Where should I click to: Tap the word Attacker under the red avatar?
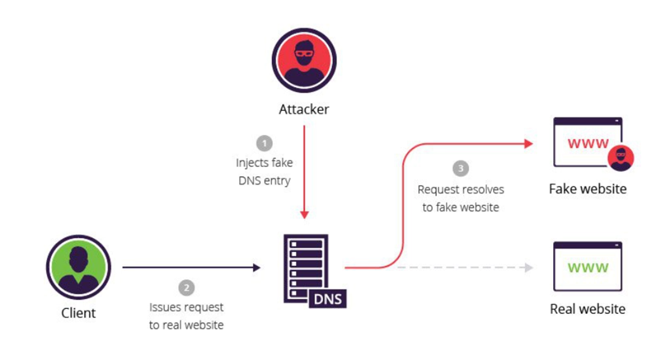tap(304, 110)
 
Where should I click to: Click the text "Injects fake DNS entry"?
tap(264, 172)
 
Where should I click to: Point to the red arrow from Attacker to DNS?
tap(304, 172)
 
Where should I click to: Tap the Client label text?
tap(78, 313)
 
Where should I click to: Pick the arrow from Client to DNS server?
tap(190, 267)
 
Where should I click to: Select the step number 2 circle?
tap(186, 287)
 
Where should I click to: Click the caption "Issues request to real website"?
tap(186, 316)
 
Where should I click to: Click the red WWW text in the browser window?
tap(588, 144)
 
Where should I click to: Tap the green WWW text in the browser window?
tap(588, 268)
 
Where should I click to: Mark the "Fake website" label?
tap(588, 188)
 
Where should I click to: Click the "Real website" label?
tap(588, 308)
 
